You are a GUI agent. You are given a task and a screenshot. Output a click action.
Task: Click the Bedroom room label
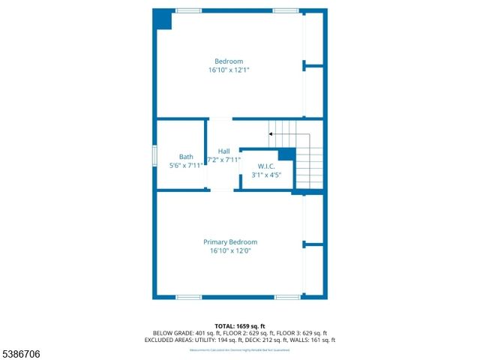point(229,61)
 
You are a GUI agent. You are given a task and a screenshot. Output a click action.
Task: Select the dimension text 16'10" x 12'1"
point(229,70)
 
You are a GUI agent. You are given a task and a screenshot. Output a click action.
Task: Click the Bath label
point(186,157)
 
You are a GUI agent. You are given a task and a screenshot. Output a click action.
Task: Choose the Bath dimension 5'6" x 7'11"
point(186,165)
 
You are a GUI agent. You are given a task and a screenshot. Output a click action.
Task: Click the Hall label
point(223,151)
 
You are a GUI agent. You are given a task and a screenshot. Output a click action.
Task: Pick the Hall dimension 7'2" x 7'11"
point(223,159)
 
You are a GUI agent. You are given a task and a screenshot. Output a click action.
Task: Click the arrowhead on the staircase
point(271,133)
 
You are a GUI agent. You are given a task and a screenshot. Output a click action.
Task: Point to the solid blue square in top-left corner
point(163,19)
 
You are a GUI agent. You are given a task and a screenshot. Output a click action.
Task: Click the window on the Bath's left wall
point(154,154)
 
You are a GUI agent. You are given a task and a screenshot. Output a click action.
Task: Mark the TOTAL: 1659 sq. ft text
point(240,325)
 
